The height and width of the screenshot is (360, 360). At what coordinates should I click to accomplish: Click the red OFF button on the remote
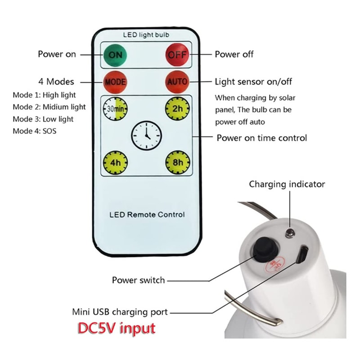(x=177, y=56)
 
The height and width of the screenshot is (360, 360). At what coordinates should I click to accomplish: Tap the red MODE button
(x=115, y=82)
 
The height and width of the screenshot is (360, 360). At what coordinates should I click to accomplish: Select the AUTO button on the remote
(x=177, y=82)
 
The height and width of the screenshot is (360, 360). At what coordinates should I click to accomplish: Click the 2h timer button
(x=177, y=109)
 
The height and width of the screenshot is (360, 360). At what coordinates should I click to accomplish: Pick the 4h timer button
(x=115, y=162)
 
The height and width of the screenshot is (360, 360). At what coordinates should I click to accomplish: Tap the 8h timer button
(x=177, y=162)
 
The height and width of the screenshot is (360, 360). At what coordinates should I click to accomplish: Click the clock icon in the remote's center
(x=146, y=135)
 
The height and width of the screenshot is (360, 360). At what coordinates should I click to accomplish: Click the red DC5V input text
(x=117, y=328)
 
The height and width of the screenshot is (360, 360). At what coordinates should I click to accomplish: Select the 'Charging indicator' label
(x=287, y=184)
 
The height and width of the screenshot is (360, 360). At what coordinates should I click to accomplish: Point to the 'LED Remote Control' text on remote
(x=147, y=215)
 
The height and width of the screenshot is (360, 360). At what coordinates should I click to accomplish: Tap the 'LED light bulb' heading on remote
(x=146, y=35)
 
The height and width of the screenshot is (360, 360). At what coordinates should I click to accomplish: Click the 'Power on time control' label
(x=262, y=138)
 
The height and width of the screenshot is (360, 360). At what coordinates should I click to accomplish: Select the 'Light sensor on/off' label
(x=253, y=82)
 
